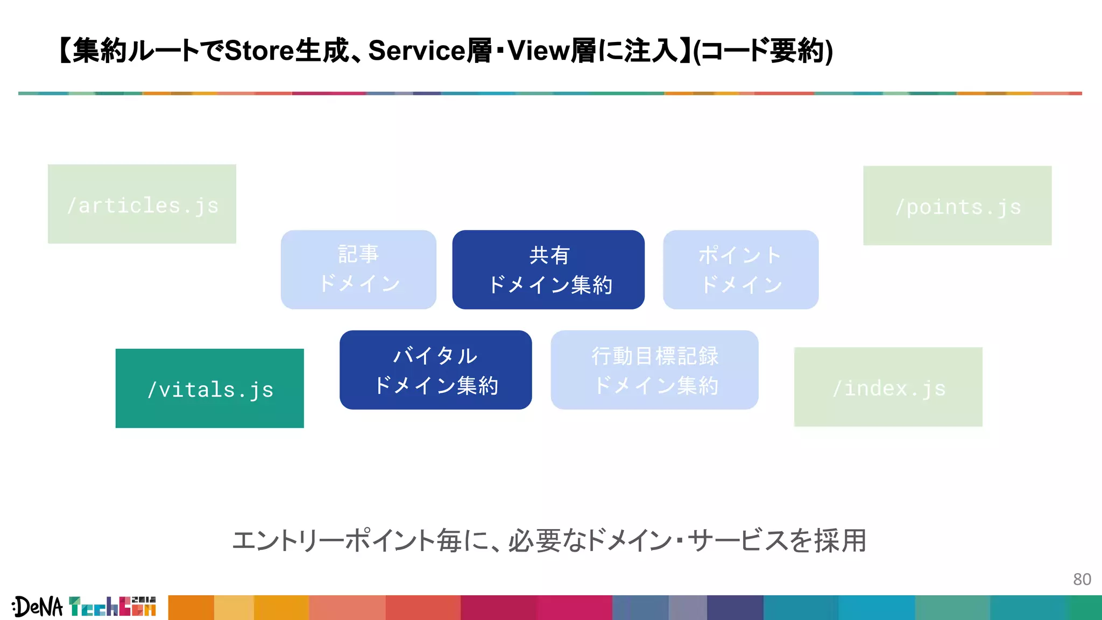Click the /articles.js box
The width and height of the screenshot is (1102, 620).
pos(142,204)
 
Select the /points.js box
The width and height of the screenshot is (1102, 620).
pos(957,206)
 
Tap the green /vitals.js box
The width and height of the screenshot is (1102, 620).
pos(209,389)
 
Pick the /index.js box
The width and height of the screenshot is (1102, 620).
pos(888,387)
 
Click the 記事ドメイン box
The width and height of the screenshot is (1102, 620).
pos(358,270)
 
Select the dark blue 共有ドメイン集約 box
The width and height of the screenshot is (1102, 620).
pos(548,270)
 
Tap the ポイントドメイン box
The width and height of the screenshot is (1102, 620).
pos(740,270)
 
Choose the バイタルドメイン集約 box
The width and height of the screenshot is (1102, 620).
pos(435,370)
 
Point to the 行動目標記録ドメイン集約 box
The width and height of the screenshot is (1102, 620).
pos(654,370)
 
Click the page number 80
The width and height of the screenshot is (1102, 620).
pos(1082,579)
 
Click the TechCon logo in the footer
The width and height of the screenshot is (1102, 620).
pos(112,607)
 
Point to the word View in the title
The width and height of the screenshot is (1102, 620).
pos(538,51)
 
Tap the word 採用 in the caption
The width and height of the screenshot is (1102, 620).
pos(840,540)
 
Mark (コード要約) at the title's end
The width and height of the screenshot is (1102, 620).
pos(764,51)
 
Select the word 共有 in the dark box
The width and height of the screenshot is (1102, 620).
pos(548,255)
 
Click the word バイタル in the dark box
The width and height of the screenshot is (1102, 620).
pos(435,356)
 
